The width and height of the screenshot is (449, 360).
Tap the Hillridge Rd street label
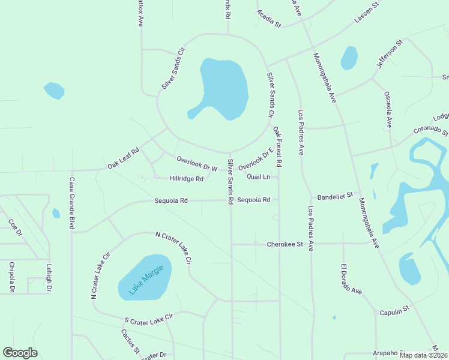coord(186,178)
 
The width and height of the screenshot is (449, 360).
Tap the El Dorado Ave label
coord(352,279)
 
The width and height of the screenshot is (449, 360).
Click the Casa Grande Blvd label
coord(71,203)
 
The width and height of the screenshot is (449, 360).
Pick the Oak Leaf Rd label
coord(123,158)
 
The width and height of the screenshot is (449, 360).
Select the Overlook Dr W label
coord(196,163)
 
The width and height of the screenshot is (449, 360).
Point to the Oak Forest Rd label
coord(277,146)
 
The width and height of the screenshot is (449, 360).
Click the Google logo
coord(20,353)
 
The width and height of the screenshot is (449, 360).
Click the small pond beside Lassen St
coord(349,58)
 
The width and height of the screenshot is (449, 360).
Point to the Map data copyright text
coord(423,355)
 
